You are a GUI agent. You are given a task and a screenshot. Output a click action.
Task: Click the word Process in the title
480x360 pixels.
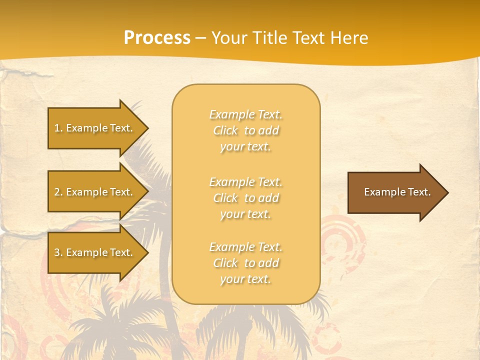[157, 38]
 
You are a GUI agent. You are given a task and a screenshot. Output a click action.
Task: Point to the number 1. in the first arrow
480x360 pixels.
[58, 128]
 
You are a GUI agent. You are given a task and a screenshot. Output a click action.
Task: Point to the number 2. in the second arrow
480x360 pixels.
[58, 192]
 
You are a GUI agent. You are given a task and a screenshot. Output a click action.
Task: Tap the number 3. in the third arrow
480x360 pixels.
[58, 253]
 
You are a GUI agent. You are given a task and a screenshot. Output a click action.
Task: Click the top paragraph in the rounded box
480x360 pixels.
[245, 130]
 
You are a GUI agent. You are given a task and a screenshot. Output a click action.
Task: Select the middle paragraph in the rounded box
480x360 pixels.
[245, 198]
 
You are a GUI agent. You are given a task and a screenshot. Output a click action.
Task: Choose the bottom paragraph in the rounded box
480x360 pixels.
[245, 263]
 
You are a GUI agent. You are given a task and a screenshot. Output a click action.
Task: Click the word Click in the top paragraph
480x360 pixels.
[225, 130]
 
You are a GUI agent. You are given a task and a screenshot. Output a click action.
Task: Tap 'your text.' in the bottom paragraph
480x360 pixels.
[245, 279]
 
